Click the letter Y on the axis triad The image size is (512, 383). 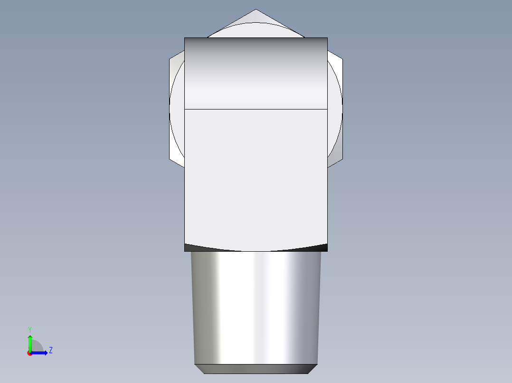[x=29, y=329]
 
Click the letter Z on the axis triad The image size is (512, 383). [x=50, y=350]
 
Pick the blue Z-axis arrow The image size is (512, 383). [x=41, y=353]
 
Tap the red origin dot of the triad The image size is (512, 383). [x=30, y=353]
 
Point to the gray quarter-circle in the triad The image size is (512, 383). [x=37, y=347]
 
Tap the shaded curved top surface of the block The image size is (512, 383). [x=256, y=71]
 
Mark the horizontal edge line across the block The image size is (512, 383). [x=256, y=109]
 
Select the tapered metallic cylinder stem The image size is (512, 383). [x=256, y=308]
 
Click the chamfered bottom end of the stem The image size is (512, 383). [x=256, y=369]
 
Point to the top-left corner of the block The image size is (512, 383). [x=185, y=38]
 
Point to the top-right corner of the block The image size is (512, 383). [x=327, y=38]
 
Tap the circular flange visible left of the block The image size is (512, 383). [x=177, y=109]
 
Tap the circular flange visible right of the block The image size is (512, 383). [x=334, y=109]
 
